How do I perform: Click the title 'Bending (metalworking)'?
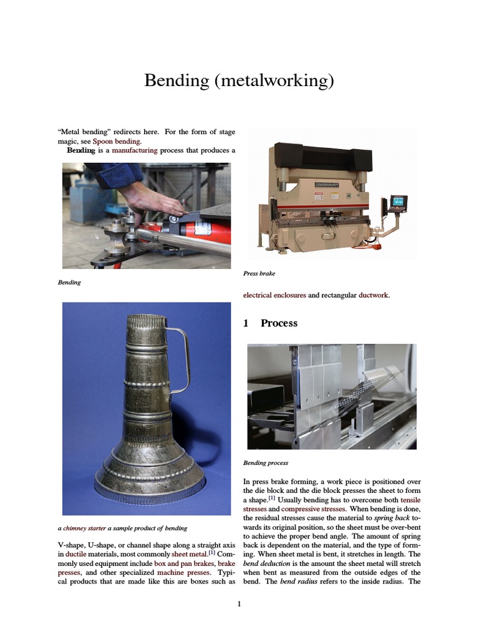pyautogui.click(x=239, y=80)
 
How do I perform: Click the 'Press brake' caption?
pyautogui.click(x=259, y=273)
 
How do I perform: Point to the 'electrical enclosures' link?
pyautogui.click(x=274, y=295)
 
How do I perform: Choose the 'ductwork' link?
pyautogui.click(x=374, y=295)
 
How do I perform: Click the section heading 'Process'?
pyautogui.click(x=278, y=323)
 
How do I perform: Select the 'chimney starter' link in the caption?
pyautogui.click(x=87, y=528)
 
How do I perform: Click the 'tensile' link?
pyautogui.click(x=410, y=500)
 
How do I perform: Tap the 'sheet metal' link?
pyautogui.click(x=189, y=553)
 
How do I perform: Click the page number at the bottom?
pyautogui.click(x=239, y=604)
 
